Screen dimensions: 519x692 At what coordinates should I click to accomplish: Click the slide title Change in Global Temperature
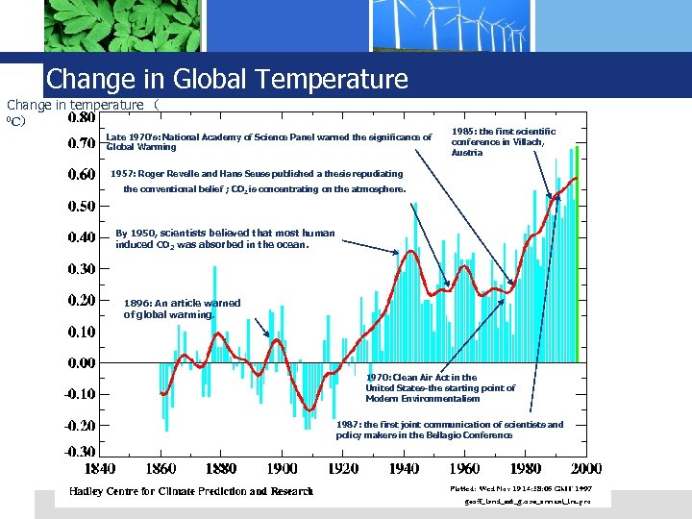coord(227,79)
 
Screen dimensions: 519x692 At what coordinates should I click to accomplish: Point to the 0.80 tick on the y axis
coord(81,119)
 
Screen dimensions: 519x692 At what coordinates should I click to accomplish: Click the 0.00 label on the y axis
coord(81,363)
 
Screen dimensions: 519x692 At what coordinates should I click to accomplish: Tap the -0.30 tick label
coord(80,452)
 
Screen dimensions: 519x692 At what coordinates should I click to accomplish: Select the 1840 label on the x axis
coord(101,469)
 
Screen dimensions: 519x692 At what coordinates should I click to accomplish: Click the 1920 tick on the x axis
coord(343,469)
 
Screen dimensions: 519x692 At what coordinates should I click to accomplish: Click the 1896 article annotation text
coord(182,309)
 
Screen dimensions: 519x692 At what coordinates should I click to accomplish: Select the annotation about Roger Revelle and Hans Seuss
coord(257,182)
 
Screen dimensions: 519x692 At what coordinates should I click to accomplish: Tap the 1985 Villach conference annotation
coord(503,141)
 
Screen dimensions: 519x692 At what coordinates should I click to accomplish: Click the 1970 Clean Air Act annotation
coord(440,388)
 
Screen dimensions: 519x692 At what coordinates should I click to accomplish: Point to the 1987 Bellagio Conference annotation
coord(450,430)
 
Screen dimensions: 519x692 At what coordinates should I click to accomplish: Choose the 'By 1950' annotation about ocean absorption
coord(225,238)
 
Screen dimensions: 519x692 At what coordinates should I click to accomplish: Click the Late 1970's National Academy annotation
coord(268,142)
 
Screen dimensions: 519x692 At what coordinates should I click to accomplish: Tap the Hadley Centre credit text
coord(190,492)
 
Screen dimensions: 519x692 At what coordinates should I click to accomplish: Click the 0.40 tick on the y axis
coord(81,237)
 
